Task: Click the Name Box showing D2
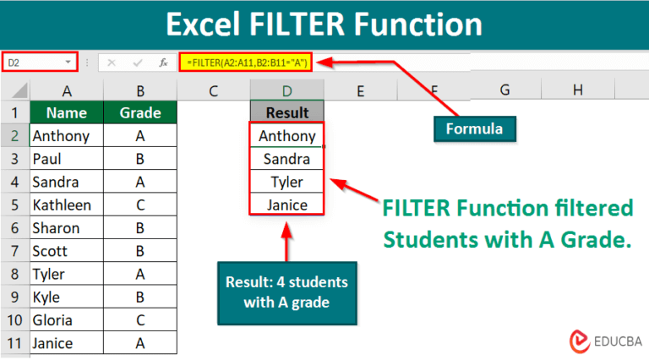40,62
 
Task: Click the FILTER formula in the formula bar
245,62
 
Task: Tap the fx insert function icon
163,63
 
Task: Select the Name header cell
67,112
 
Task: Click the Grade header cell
140,112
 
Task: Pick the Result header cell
286,112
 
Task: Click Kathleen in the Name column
62,205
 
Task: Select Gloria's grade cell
140,320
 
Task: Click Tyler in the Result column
286,182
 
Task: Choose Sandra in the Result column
286,159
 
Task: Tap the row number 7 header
15,251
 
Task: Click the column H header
578,90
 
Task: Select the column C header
214,90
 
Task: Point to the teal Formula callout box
475,128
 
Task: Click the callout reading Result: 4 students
287,293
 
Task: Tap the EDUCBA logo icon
580,341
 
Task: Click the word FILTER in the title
297,25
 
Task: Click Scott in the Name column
50,251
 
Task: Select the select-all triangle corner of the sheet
20,90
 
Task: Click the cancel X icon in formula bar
112,63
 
